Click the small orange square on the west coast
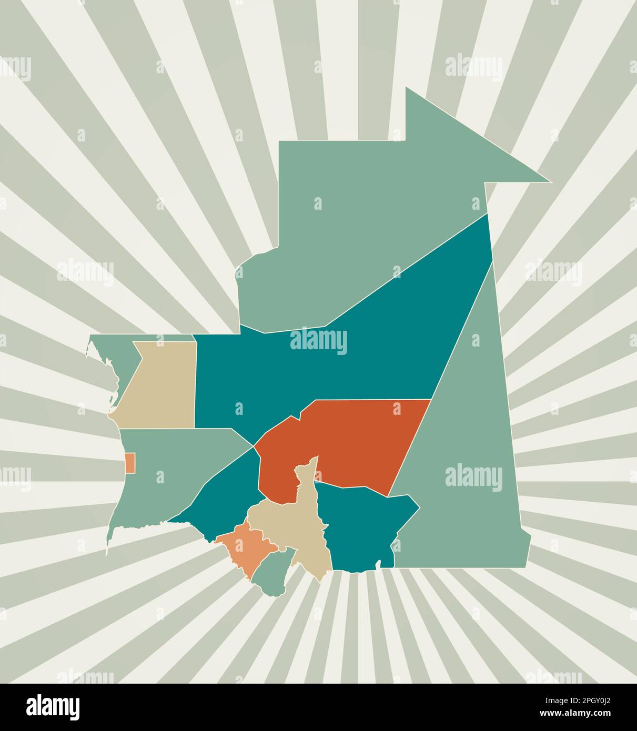pos(130,462)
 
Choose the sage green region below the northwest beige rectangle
pos(163,473)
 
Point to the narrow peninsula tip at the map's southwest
pos(108,550)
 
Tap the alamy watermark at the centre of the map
pos(319,341)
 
